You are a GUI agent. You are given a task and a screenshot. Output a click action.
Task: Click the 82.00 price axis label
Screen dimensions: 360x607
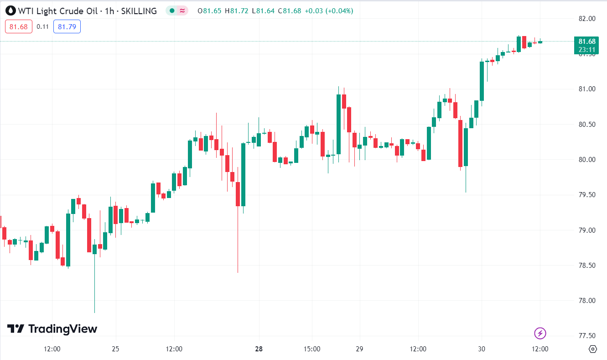coord(586,19)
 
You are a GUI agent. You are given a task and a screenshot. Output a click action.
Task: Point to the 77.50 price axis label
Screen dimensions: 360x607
coord(586,336)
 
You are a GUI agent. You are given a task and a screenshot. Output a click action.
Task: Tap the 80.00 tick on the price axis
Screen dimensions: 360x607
coord(586,160)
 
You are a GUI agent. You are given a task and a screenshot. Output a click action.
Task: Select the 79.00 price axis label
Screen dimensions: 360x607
coord(586,230)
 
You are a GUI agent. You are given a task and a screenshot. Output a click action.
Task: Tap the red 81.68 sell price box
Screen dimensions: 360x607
coord(19,27)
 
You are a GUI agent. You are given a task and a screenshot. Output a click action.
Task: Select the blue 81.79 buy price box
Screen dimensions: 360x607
coord(67,27)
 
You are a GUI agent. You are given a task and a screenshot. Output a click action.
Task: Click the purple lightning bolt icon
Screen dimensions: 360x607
coord(540,333)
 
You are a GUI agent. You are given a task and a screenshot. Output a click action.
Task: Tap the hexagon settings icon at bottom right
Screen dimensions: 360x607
coord(593,349)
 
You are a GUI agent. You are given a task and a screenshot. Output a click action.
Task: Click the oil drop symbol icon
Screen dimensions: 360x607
coord(10,10)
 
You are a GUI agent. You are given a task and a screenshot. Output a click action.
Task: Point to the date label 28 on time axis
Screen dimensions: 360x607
coord(259,350)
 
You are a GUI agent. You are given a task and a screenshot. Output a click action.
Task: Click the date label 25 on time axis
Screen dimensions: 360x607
coord(115,350)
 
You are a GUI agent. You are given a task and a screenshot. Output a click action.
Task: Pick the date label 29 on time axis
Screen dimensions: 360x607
coord(359,350)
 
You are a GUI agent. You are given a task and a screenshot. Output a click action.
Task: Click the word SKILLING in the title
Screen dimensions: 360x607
coord(139,10)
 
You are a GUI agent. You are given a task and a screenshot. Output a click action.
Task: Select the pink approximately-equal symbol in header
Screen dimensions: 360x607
coord(182,10)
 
